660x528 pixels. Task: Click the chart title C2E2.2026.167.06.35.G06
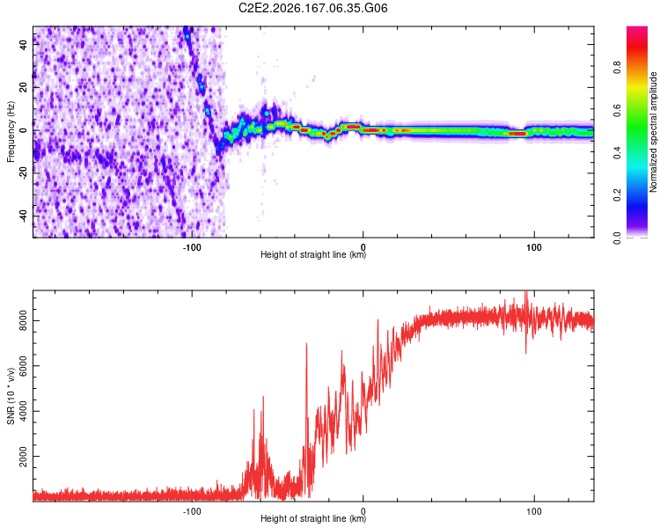312,8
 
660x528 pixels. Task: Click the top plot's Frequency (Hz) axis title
11,132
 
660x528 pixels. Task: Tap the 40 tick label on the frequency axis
23,44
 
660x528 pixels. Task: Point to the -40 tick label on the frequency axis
23,216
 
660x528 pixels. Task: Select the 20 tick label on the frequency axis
23,87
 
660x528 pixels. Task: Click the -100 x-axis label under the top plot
192,247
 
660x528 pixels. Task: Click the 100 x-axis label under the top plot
534,247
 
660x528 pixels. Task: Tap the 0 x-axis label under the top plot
363,247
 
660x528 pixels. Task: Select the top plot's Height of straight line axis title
313,254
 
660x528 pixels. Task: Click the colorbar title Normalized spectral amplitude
653,132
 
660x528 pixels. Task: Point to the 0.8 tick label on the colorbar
618,68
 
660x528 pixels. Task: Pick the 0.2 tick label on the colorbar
618,194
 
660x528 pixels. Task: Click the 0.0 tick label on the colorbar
618,238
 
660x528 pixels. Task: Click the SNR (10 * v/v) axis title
11,396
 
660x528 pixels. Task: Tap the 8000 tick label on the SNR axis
23,321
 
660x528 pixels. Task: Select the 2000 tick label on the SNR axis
23,457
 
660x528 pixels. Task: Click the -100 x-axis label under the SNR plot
192,511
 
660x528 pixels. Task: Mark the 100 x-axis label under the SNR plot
534,511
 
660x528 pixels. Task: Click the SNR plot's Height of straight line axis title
313,518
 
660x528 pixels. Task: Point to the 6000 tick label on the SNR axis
23,366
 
